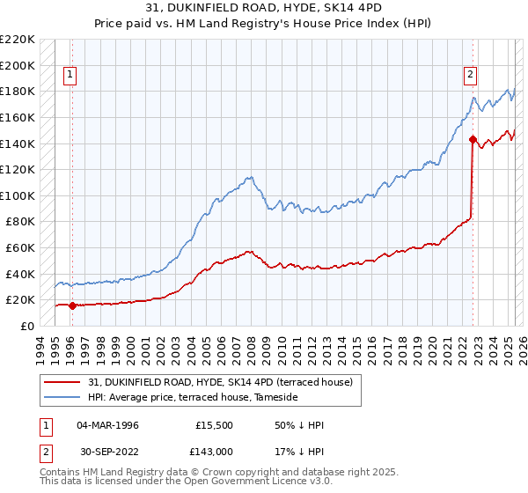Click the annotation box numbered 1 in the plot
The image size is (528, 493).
[x=70, y=76]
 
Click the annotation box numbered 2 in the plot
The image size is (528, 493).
[x=471, y=76]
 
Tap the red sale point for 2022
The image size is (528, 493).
[x=473, y=139]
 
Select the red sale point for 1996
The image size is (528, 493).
[x=71, y=305]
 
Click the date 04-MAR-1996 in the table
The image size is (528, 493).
[x=107, y=425]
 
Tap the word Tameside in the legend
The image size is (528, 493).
[x=276, y=398]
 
